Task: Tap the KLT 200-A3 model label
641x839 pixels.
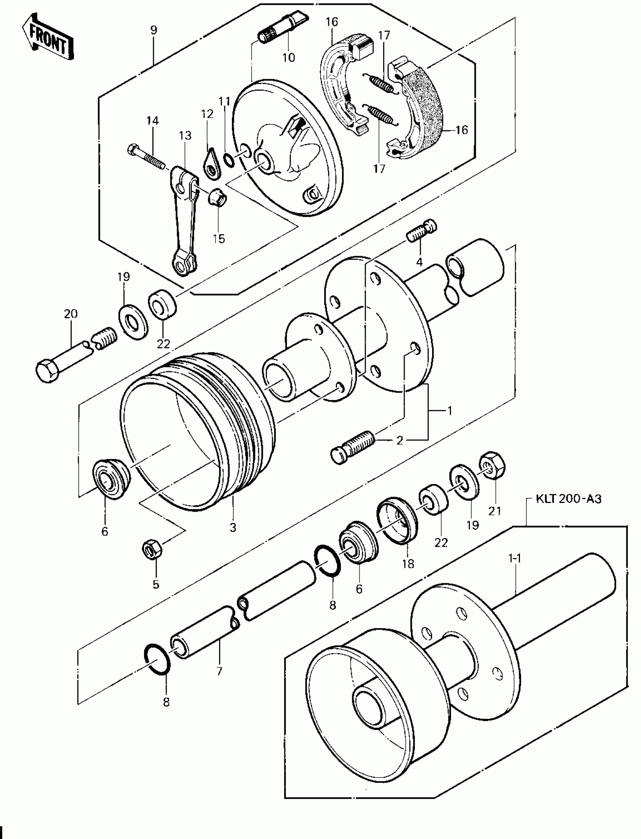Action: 569,498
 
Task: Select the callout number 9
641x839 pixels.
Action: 153,30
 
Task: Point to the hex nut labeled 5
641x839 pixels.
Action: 152,549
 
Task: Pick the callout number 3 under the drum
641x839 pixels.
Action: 233,528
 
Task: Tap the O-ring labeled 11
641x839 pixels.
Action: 229,160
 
